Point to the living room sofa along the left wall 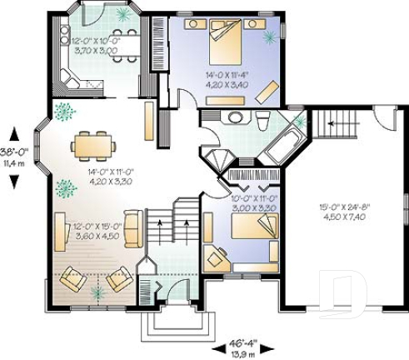coord(60,231)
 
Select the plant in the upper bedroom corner coord(270,37)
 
